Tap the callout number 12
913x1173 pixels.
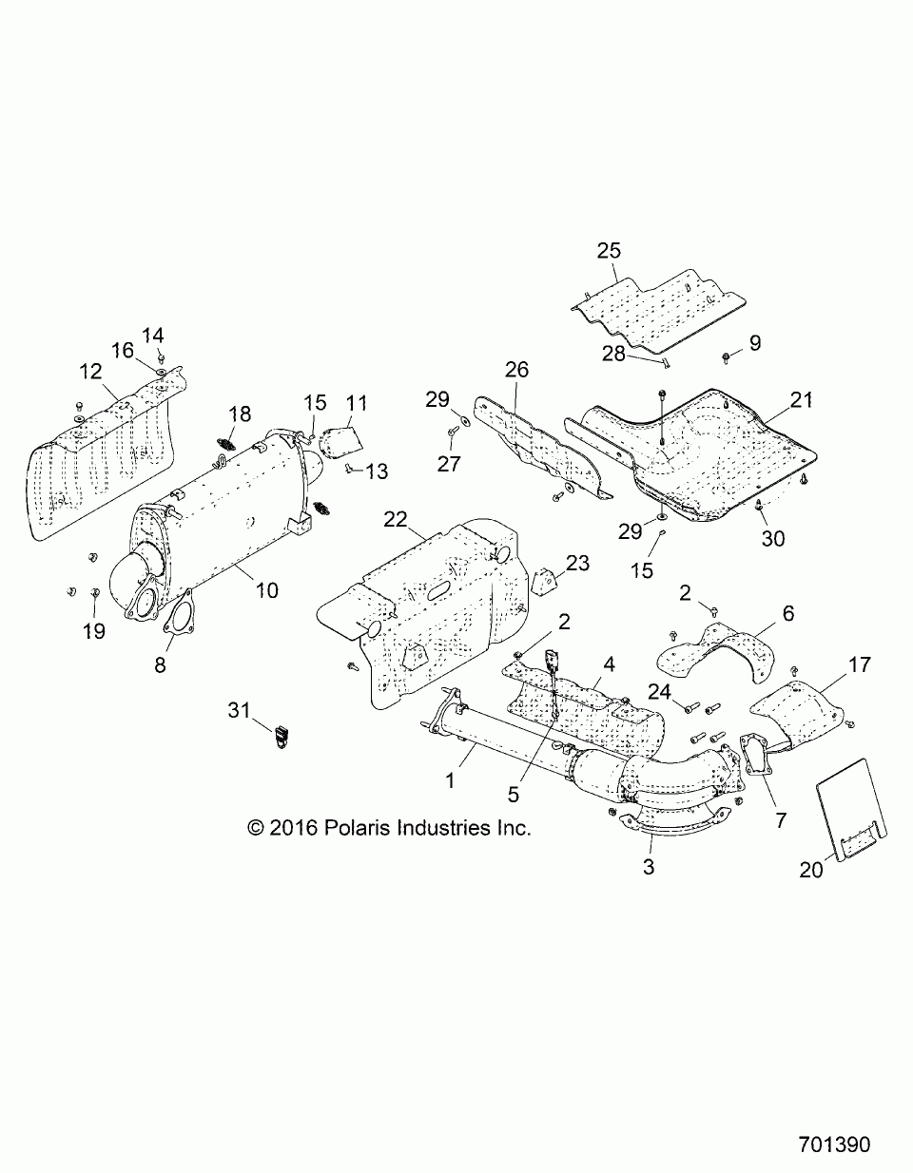90,372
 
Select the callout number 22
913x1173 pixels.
396,519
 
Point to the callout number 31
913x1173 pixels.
241,708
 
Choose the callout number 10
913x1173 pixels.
267,590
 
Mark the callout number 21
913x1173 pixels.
802,399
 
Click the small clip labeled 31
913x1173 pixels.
280,735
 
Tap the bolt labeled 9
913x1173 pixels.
727,357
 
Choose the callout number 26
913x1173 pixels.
515,369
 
